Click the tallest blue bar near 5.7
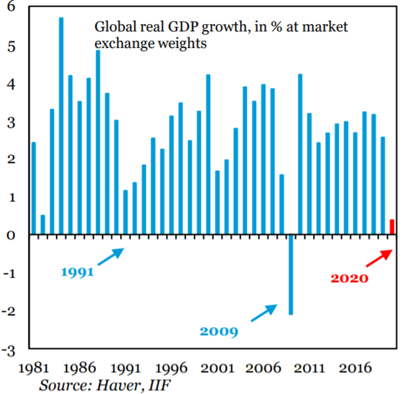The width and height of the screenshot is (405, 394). point(61,126)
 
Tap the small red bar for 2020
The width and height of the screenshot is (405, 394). point(392,227)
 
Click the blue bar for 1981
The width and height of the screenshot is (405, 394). point(33,189)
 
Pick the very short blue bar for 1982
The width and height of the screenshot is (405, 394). point(43,225)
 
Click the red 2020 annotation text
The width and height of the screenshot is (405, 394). point(350,278)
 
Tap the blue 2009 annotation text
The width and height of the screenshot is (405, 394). point(219,332)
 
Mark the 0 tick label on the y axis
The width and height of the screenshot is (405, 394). point(12,235)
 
